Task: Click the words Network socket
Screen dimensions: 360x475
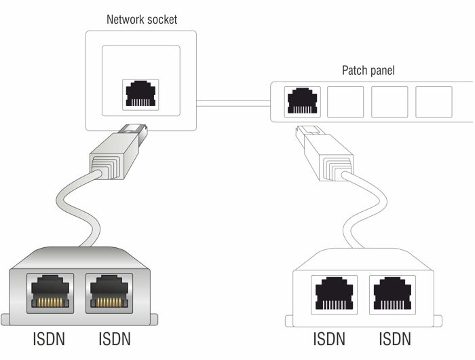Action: click(142, 19)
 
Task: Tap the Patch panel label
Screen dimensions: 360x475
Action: click(367, 71)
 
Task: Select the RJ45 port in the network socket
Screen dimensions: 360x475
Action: click(141, 95)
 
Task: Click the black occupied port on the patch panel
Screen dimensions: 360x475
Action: click(301, 102)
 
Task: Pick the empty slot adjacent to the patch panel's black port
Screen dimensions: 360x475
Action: click(345, 102)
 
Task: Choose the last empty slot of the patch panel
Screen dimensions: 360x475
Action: click(433, 102)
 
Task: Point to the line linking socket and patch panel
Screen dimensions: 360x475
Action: click(234, 103)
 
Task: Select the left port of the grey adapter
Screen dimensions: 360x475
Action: click(51, 292)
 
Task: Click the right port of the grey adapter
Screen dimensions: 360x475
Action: click(109, 292)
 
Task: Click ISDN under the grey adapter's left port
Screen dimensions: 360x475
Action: click(50, 338)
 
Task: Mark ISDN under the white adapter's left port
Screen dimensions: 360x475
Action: click(329, 338)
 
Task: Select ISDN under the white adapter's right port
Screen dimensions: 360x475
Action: click(394, 338)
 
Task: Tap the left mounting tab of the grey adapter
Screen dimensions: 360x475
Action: click(5, 319)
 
